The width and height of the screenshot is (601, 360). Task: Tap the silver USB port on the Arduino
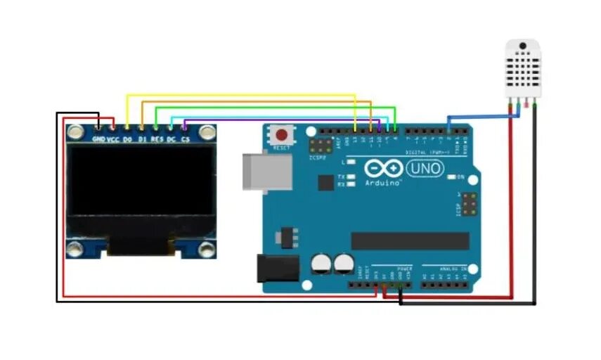(267, 172)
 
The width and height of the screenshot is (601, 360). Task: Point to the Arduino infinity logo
(384, 169)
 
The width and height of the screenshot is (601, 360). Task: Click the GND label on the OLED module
(99, 139)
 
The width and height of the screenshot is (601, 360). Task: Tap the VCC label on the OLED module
(112, 139)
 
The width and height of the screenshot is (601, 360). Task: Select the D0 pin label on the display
(127, 139)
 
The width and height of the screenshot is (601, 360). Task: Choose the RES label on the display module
(156, 139)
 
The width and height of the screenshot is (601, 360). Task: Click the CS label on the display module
(185, 139)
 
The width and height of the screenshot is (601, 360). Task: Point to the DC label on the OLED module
(171, 139)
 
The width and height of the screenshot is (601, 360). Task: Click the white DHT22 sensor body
(522, 68)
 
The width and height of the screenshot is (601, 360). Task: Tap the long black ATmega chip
(410, 241)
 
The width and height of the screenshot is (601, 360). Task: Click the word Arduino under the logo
(383, 183)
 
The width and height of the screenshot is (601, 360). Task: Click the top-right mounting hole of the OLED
(206, 131)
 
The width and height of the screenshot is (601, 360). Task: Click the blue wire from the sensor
(485, 115)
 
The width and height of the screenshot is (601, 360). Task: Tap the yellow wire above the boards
(239, 95)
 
